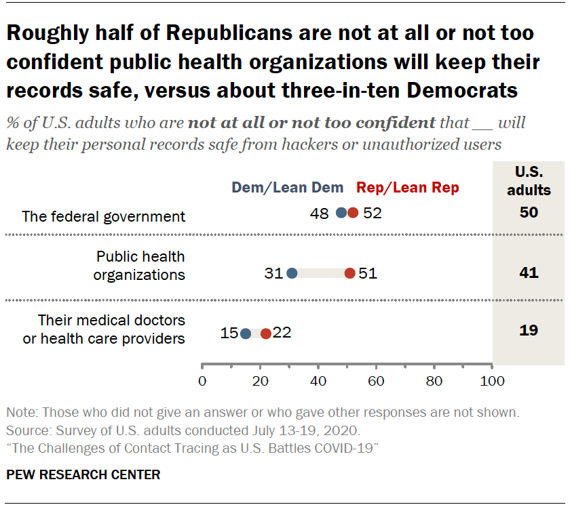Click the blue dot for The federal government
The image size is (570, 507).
pyautogui.click(x=341, y=213)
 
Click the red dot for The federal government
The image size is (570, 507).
pyautogui.click(x=353, y=213)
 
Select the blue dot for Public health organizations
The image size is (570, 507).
pyautogui.click(x=292, y=273)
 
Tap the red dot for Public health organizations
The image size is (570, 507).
pyautogui.click(x=349, y=273)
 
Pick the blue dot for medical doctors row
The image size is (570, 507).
pyautogui.click(x=246, y=333)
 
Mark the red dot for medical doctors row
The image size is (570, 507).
pyautogui.click(x=266, y=333)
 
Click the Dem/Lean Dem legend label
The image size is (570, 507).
pyautogui.click(x=288, y=188)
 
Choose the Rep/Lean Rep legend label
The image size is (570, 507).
pyautogui.click(x=408, y=188)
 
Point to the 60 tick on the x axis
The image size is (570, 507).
pyautogui.click(x=376, y=381)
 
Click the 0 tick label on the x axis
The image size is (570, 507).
pyautogui.click(x=202, y=381)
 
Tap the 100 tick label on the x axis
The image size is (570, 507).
pyautogui.click(x=492, y=381)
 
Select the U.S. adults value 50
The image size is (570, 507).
pyautogui.click(x=528, y=213)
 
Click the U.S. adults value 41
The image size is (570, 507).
pyautogui.click(x=528, y=273)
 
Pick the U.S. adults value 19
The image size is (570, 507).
pyautogui.click(x=528, y=331)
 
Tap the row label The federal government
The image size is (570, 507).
pyautogui.click(x=103, y=217)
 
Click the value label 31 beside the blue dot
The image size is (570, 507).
pyautogui.click(x=273, y=274)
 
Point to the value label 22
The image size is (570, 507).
pyautogui.click(x=282, y=333)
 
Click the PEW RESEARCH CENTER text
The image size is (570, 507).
pyautogui.click(x=83, y=474)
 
